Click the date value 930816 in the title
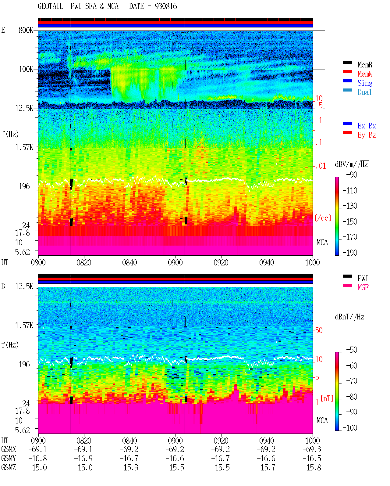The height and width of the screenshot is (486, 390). coord(166,6)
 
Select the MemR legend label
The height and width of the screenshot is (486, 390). coord(365,65)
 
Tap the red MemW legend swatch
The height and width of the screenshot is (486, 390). coord(347,72)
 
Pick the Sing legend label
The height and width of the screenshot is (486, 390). coord(365,83)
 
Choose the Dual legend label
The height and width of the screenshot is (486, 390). coord(365,92)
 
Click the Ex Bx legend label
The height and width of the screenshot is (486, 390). coord(367,126)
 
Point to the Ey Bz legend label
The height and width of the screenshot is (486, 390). coord(367,135)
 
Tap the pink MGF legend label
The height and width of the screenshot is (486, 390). coord(363,287)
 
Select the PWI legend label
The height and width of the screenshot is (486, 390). coord(363,278)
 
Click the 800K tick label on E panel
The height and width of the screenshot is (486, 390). coord(26,30)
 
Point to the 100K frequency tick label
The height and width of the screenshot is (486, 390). coord(26,69)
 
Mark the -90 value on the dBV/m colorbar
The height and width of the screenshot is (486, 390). coord(352,175)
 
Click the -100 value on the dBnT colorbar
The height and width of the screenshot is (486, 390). coord(350,428)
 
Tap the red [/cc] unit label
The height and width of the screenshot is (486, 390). coord(323,218)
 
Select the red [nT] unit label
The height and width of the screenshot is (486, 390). coord(327,398)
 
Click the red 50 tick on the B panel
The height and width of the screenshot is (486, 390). coord(319,330)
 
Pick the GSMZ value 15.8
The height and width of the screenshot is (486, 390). coord(314,467)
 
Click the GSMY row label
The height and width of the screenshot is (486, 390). coord(9,459)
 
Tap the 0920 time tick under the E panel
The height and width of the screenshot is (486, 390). coord(221,262)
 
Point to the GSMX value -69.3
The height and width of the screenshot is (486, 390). coord(312,449)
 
